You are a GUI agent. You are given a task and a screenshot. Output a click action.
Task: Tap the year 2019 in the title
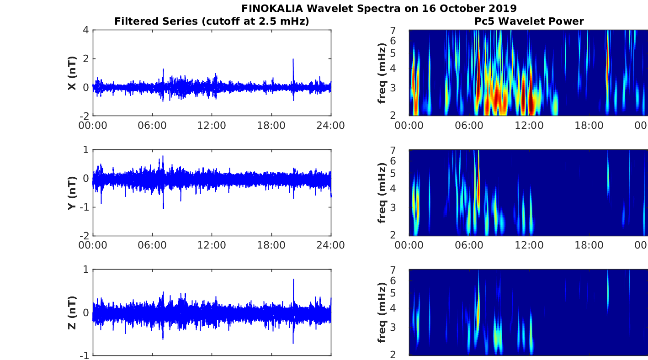tap(501, 8)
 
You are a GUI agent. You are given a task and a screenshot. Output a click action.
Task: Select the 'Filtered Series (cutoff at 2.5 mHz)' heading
tap(212, 21)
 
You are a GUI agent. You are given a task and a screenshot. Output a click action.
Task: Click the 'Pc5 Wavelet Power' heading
tap(529, 21)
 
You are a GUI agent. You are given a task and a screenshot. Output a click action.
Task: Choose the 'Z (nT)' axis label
tap(72, 312)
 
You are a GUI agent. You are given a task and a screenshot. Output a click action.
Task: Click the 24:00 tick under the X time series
tap(331, 125)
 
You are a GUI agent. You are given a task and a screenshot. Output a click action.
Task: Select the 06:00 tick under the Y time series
tap(152, 245)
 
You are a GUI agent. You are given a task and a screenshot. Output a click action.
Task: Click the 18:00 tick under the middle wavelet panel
tap(589, 245)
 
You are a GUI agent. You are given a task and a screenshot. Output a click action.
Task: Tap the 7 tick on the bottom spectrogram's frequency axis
tap(403, 271)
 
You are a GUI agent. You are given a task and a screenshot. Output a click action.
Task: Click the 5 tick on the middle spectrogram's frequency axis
tap(403, 174)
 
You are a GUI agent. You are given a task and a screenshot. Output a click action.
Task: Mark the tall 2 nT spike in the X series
tap(293, 59)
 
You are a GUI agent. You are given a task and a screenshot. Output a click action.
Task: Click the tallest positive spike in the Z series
tap(293, 280)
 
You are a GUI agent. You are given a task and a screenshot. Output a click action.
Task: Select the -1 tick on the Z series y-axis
tap(84, 355)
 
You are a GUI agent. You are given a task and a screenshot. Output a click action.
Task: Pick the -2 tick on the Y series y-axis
tap(84, 235)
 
